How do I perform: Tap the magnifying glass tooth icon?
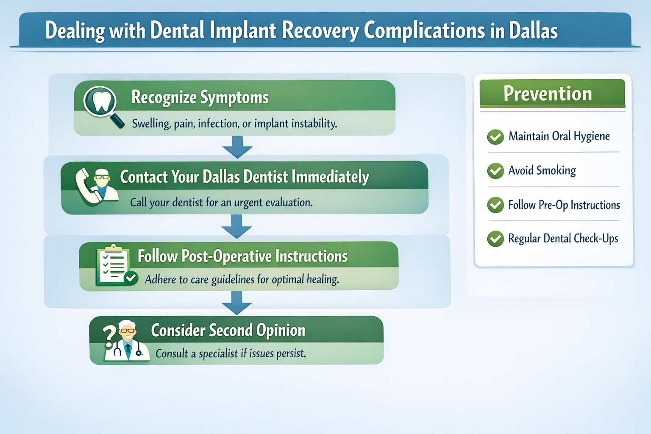[101, 103]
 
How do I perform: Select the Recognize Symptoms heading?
[200, 97]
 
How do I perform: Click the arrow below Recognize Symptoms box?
[237, 147]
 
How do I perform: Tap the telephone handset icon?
[85, 186]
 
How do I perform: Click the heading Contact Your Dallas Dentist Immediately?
[244, 177]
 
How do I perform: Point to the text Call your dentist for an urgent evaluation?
[221, 203]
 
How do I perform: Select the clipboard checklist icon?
[113, 265]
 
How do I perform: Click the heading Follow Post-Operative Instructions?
[242, 256]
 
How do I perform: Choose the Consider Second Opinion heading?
[228, 330]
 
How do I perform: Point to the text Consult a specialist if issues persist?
[231, 353]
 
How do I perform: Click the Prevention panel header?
[552, 94]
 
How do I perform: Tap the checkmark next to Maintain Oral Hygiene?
[495, 137]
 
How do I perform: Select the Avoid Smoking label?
[542, 170]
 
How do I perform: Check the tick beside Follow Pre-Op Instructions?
[495, 205]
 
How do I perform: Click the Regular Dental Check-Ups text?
[563, 239]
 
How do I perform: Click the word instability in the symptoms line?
[315, 124]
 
